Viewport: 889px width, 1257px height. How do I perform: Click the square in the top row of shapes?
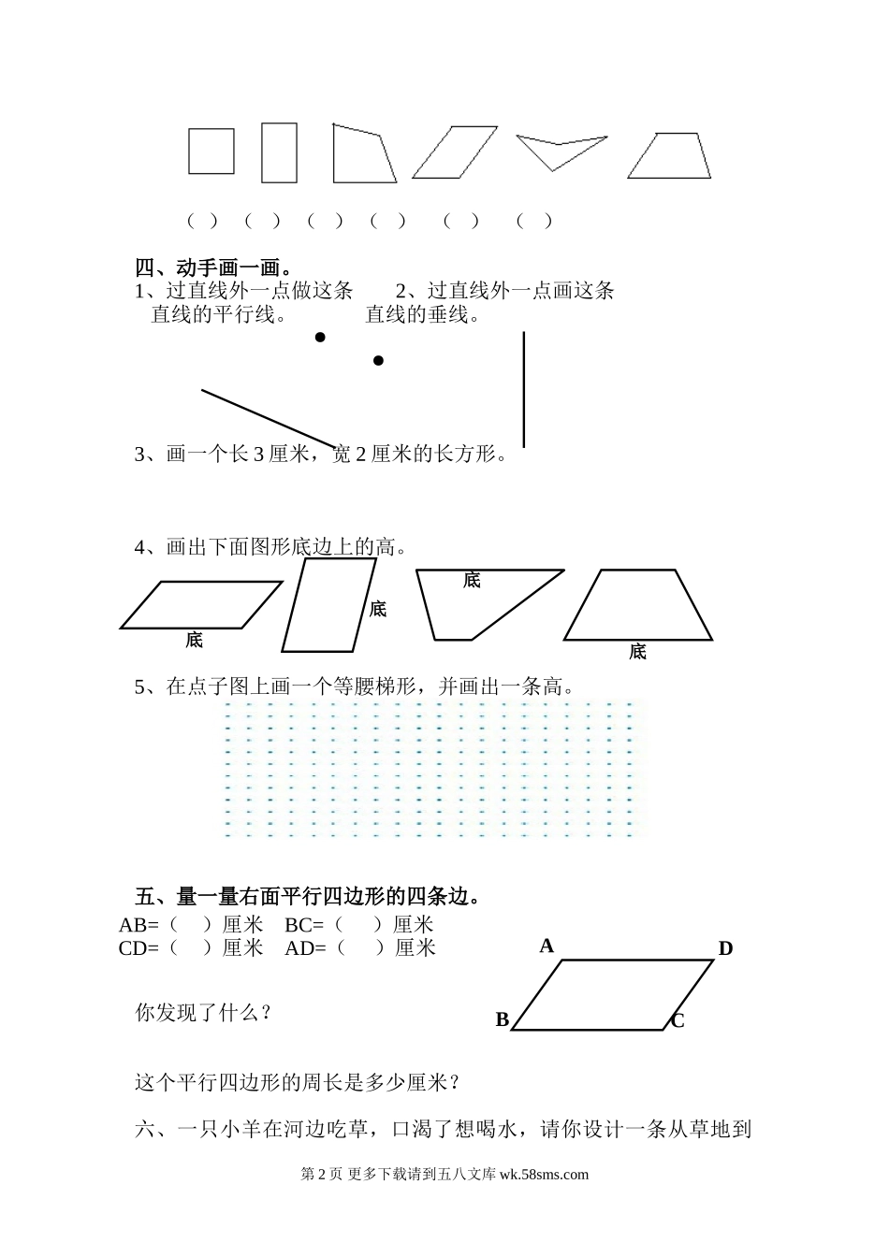click(x=211, y=151)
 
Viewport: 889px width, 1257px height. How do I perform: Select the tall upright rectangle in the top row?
click(x=279, y=152)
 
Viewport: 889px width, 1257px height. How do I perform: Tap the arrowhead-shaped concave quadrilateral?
click(x=559, y=150)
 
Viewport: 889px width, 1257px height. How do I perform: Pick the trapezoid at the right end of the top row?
click(x=669, y=156)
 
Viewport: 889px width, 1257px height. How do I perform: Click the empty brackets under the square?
click(x=202, y=221)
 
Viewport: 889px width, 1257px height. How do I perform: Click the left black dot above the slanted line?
click(x=320, y=338)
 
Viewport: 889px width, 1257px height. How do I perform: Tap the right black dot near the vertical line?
click(x=378, y=360)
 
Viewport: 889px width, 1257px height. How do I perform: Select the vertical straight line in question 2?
click(x=524, y=388)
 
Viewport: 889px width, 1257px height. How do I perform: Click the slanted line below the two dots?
click(x=268, y=418)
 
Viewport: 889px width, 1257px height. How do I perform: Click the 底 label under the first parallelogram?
click(x=194, y=641)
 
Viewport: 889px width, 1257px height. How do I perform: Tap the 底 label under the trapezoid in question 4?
click(x=637, y=652)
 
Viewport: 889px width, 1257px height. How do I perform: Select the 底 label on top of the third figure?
click(x=472, y=581)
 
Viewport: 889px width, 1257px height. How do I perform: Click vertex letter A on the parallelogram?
click(x=547, y=946)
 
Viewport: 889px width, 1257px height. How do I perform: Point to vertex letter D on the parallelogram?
click(x=725, y=948)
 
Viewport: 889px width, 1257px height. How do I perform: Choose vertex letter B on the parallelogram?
click(x=503, y=1019)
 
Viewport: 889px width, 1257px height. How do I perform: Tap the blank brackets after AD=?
click(x=360, y=947)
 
